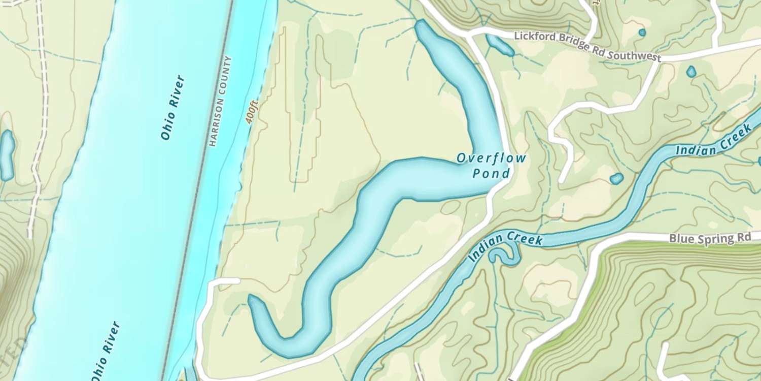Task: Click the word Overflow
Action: [491, 158]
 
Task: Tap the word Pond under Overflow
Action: [491, 174]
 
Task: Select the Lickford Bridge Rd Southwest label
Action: [587, 46]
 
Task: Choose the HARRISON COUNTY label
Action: [221, 101]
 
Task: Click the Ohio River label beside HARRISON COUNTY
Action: [172, 108]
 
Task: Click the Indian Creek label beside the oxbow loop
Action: [505, 244]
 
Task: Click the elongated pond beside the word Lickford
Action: [500, 45]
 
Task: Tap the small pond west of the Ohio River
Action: [6, 155]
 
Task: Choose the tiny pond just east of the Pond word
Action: [616, 178]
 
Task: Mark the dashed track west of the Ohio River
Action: [41, 127]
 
